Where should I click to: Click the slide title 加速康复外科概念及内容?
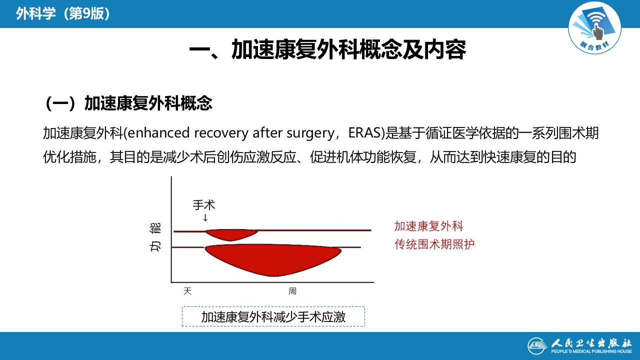point(327,50)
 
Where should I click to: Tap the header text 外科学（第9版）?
point(63,14)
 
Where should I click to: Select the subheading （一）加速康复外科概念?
point(128,103)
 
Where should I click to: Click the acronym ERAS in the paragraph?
point(365,133)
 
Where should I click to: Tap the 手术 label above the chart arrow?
point(204,205)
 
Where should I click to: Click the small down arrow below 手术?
point(205,217)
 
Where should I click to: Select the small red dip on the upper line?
point(231,234)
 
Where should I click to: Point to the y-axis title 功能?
point(155,237)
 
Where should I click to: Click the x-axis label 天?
point(187,291)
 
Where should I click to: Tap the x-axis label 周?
point(292,291)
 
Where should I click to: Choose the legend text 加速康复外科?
point(428,226)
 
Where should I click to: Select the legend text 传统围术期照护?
point(434,244)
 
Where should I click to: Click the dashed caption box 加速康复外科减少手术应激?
point(273,317)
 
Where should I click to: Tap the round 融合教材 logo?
point(594,27)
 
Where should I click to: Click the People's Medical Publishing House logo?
point(580,345)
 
